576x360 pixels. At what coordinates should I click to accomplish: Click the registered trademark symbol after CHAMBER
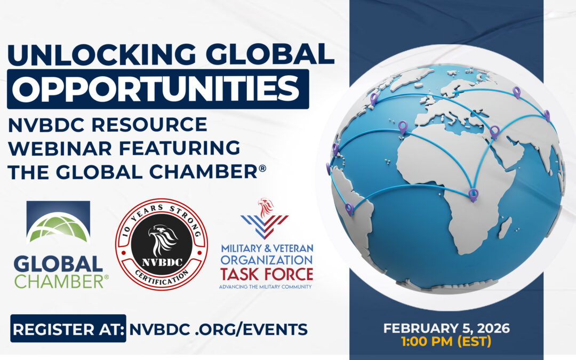point(262,168)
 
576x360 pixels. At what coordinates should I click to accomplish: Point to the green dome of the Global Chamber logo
point(59,228)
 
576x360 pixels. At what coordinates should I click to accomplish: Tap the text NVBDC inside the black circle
point(162,262)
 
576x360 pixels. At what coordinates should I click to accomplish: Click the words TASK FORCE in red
point(267,274)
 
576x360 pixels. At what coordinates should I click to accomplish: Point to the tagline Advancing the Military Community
point(265,286)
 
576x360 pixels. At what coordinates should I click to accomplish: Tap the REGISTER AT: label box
point(68,329)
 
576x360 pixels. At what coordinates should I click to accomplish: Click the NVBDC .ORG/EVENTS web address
point(218,329)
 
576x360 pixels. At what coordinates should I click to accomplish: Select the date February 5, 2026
point(447,328)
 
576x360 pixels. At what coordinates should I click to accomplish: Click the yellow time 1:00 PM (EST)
point(446,341)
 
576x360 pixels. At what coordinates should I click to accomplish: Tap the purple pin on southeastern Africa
point(474,195)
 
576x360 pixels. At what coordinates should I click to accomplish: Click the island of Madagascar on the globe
point(505,228)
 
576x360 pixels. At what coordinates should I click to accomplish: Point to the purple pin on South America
point(349,210)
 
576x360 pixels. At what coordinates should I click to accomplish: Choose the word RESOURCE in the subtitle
point(149,124)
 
